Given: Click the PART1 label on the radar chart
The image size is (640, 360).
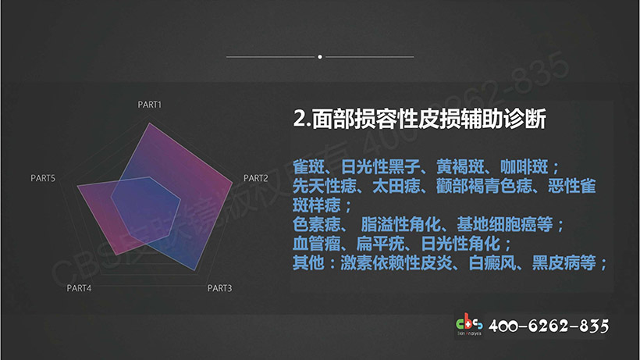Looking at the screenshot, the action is [x=149, y=105].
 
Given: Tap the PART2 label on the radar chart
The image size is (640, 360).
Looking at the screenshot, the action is [x=256, y=178].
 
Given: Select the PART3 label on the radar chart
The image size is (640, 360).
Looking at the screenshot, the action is [x=219, y=288].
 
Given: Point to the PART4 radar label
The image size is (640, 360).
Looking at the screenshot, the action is [x=79, y=288].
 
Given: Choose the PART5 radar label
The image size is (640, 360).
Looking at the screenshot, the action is [x=43, y=178].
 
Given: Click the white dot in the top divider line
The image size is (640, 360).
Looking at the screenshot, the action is [x=320, y=57].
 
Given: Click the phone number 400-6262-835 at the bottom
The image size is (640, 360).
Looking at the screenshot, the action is [x=549, y=326].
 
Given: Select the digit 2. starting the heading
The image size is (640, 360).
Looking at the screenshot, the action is [x=303, y=119].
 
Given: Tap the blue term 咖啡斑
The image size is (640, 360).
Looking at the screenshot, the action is [x=524, y=166].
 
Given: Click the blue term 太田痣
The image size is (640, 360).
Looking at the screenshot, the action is [x=396, y=186].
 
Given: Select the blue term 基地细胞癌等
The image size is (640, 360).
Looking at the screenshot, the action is [x=504, y=224].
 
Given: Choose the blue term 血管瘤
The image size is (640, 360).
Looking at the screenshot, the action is [x=317, y=244].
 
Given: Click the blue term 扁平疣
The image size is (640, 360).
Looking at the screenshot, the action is [x=380, y=244].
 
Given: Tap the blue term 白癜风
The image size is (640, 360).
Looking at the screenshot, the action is [x=492, y=263].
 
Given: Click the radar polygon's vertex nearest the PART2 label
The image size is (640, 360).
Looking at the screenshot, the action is [x=233, y=183].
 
